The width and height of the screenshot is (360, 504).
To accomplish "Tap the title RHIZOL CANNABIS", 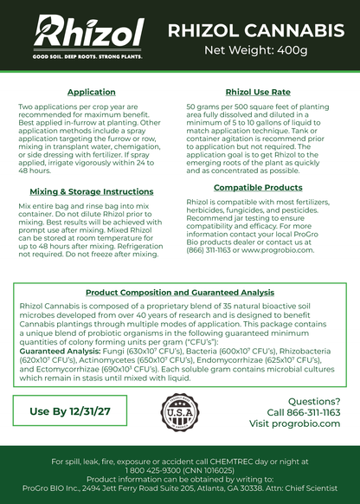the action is click(x=255, y=31).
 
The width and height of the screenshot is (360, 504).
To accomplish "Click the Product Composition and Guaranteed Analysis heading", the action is click(x=179, y=294).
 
